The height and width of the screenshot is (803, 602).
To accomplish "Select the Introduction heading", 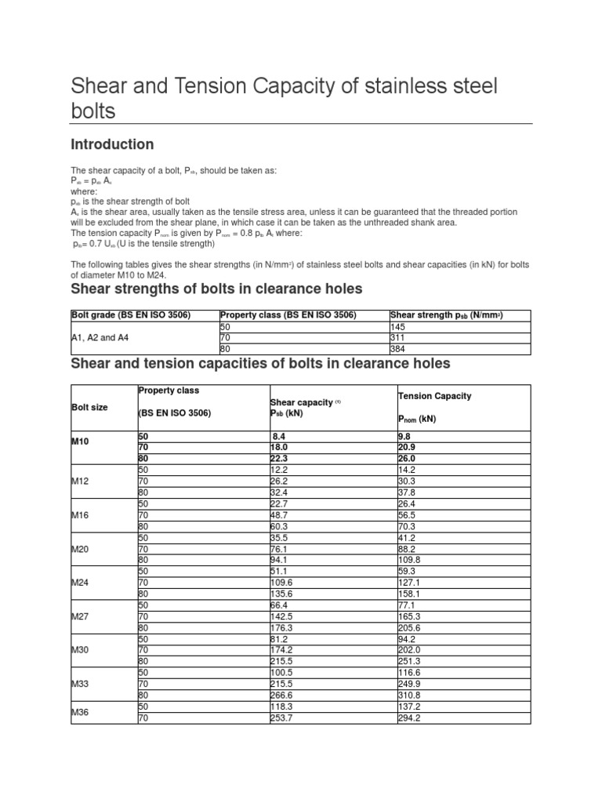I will coord(112,144).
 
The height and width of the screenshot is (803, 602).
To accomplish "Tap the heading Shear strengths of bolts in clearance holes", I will coord(216,289).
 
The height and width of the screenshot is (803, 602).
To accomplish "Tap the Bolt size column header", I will coord(89,408).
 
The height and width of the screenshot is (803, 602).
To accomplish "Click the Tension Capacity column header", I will coord(434,396).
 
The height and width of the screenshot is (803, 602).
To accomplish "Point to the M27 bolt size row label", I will coord(81,617).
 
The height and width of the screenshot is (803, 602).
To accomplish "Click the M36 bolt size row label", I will coord(81,711).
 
